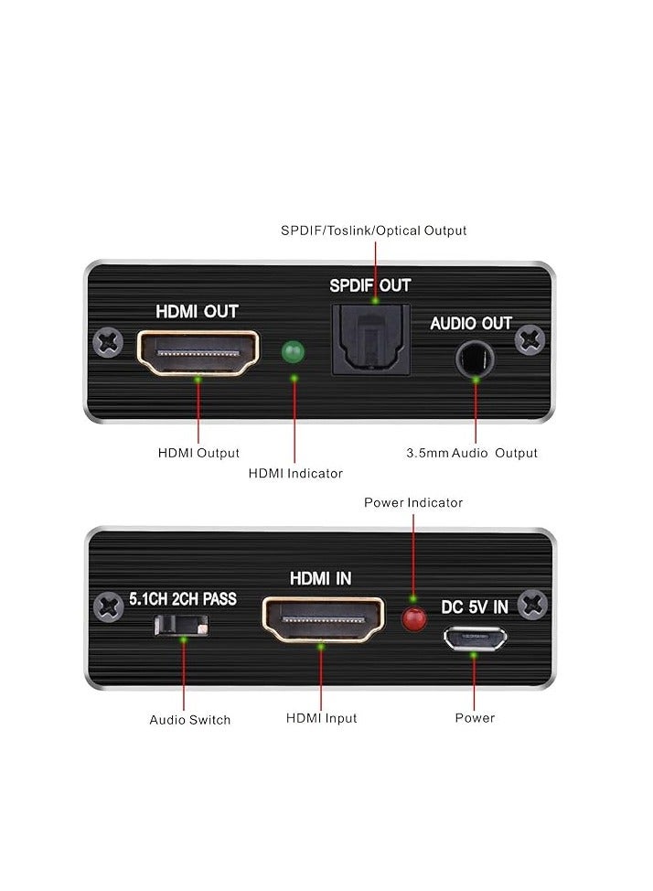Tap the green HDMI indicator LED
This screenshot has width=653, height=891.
tap(294, 352)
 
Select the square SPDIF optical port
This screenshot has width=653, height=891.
tap(370, 339)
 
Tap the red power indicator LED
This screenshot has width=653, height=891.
tap(414, 619)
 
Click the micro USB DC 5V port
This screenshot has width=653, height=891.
tap(473, 637)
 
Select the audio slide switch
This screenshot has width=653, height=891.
tap(183, 625)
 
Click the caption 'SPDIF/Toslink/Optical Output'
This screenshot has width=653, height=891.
tap(373, 231)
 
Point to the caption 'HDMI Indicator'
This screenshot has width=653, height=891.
tap(295, 473)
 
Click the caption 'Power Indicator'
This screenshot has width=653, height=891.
tap(413, 502)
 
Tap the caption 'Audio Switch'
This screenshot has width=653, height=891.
tap(190, 720)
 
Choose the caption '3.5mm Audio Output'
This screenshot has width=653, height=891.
tap(471, 453)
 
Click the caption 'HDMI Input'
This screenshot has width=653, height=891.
tap(321, 718)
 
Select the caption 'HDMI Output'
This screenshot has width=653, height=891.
tap(198, 453)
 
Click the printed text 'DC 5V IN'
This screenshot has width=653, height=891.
tap(474, 606)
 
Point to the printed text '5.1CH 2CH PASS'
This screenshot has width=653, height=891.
tap(183, 599)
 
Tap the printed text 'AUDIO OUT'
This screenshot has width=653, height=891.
tap(471, 323)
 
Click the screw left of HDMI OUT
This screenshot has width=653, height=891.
tap(109, 343)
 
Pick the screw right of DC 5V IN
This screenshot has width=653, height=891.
tap(531, 605)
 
